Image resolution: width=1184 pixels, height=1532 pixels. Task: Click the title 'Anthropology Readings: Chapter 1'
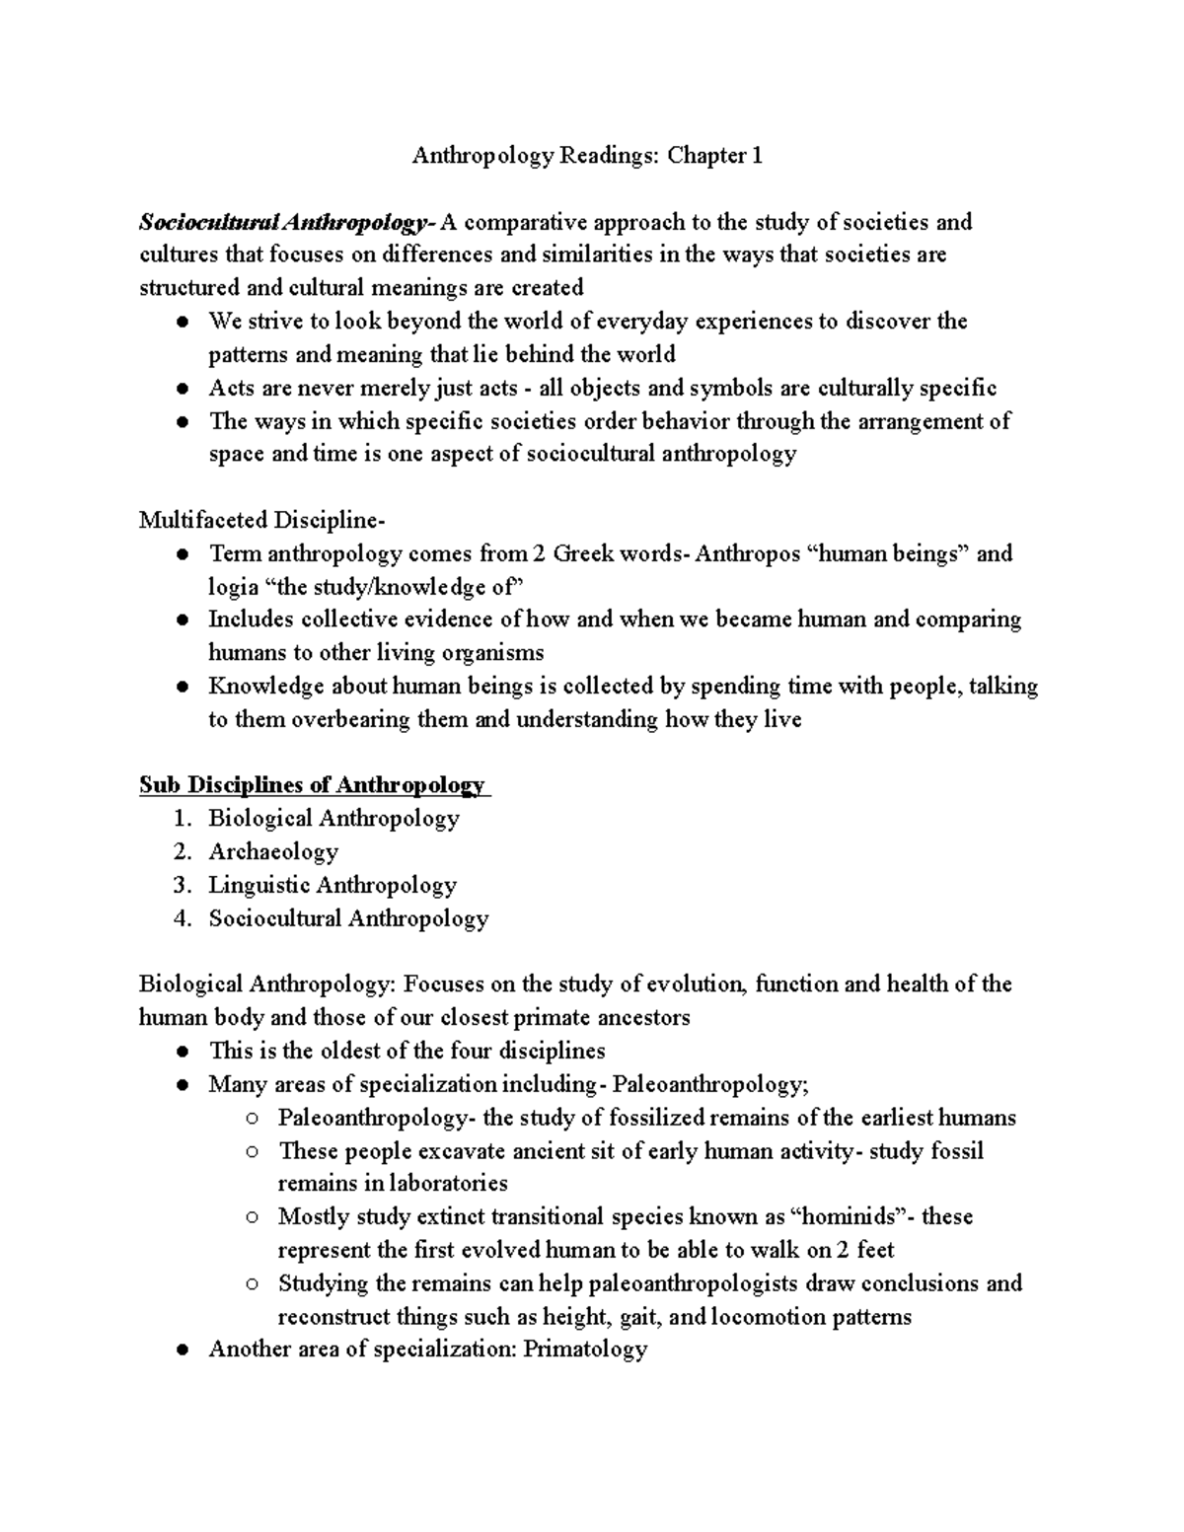[x=587, y=156]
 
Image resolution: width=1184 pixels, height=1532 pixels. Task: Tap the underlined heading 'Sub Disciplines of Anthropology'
[x=312, y=785]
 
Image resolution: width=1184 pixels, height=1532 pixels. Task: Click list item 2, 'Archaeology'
[x=273, y=851]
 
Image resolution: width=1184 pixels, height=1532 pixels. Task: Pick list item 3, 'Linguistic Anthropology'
[x=332, y=885]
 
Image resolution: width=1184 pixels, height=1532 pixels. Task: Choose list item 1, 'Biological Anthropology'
[x=333, y=819]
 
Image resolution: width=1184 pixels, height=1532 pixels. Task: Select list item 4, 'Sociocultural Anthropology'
[x=348, y=918]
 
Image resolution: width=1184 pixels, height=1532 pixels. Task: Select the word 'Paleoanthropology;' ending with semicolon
[x=710, y=1085]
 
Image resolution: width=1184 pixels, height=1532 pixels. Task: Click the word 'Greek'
[x=583, y=553]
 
